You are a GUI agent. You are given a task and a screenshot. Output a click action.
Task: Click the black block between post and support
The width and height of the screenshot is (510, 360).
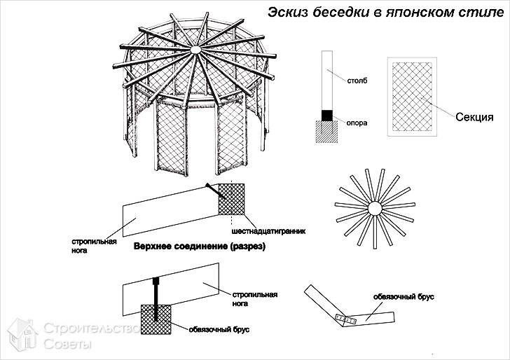[326, 115]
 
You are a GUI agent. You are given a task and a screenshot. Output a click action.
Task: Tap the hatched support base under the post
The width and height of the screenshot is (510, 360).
[326, 132]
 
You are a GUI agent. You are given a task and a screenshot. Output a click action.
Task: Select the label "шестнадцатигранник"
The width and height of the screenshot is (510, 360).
[269, 230]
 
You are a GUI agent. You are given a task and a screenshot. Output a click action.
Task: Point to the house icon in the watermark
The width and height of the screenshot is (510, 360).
[21, 335]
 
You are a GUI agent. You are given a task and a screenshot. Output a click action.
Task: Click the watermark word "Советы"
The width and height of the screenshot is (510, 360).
[67, 345]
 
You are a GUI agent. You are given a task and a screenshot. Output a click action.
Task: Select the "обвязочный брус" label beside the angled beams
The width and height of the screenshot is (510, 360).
[404, 297]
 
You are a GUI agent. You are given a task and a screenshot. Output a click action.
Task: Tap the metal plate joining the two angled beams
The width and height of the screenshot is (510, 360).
[346, 319]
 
